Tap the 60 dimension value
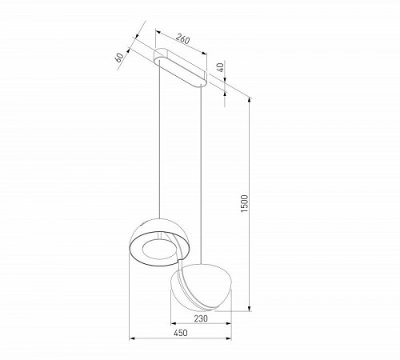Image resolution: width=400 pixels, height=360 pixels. coord(119,58)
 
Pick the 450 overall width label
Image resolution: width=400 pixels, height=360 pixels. coord(181,336)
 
